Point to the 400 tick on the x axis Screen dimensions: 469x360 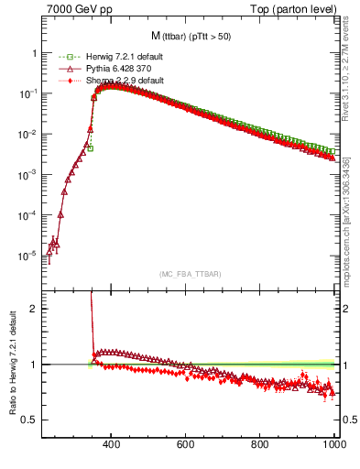click(x=111, y=445)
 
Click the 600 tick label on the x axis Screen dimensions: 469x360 click(x=186, y=445)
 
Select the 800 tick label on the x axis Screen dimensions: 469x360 click(x=260, y=445)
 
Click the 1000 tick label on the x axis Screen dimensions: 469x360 click(x=333, y=445)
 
